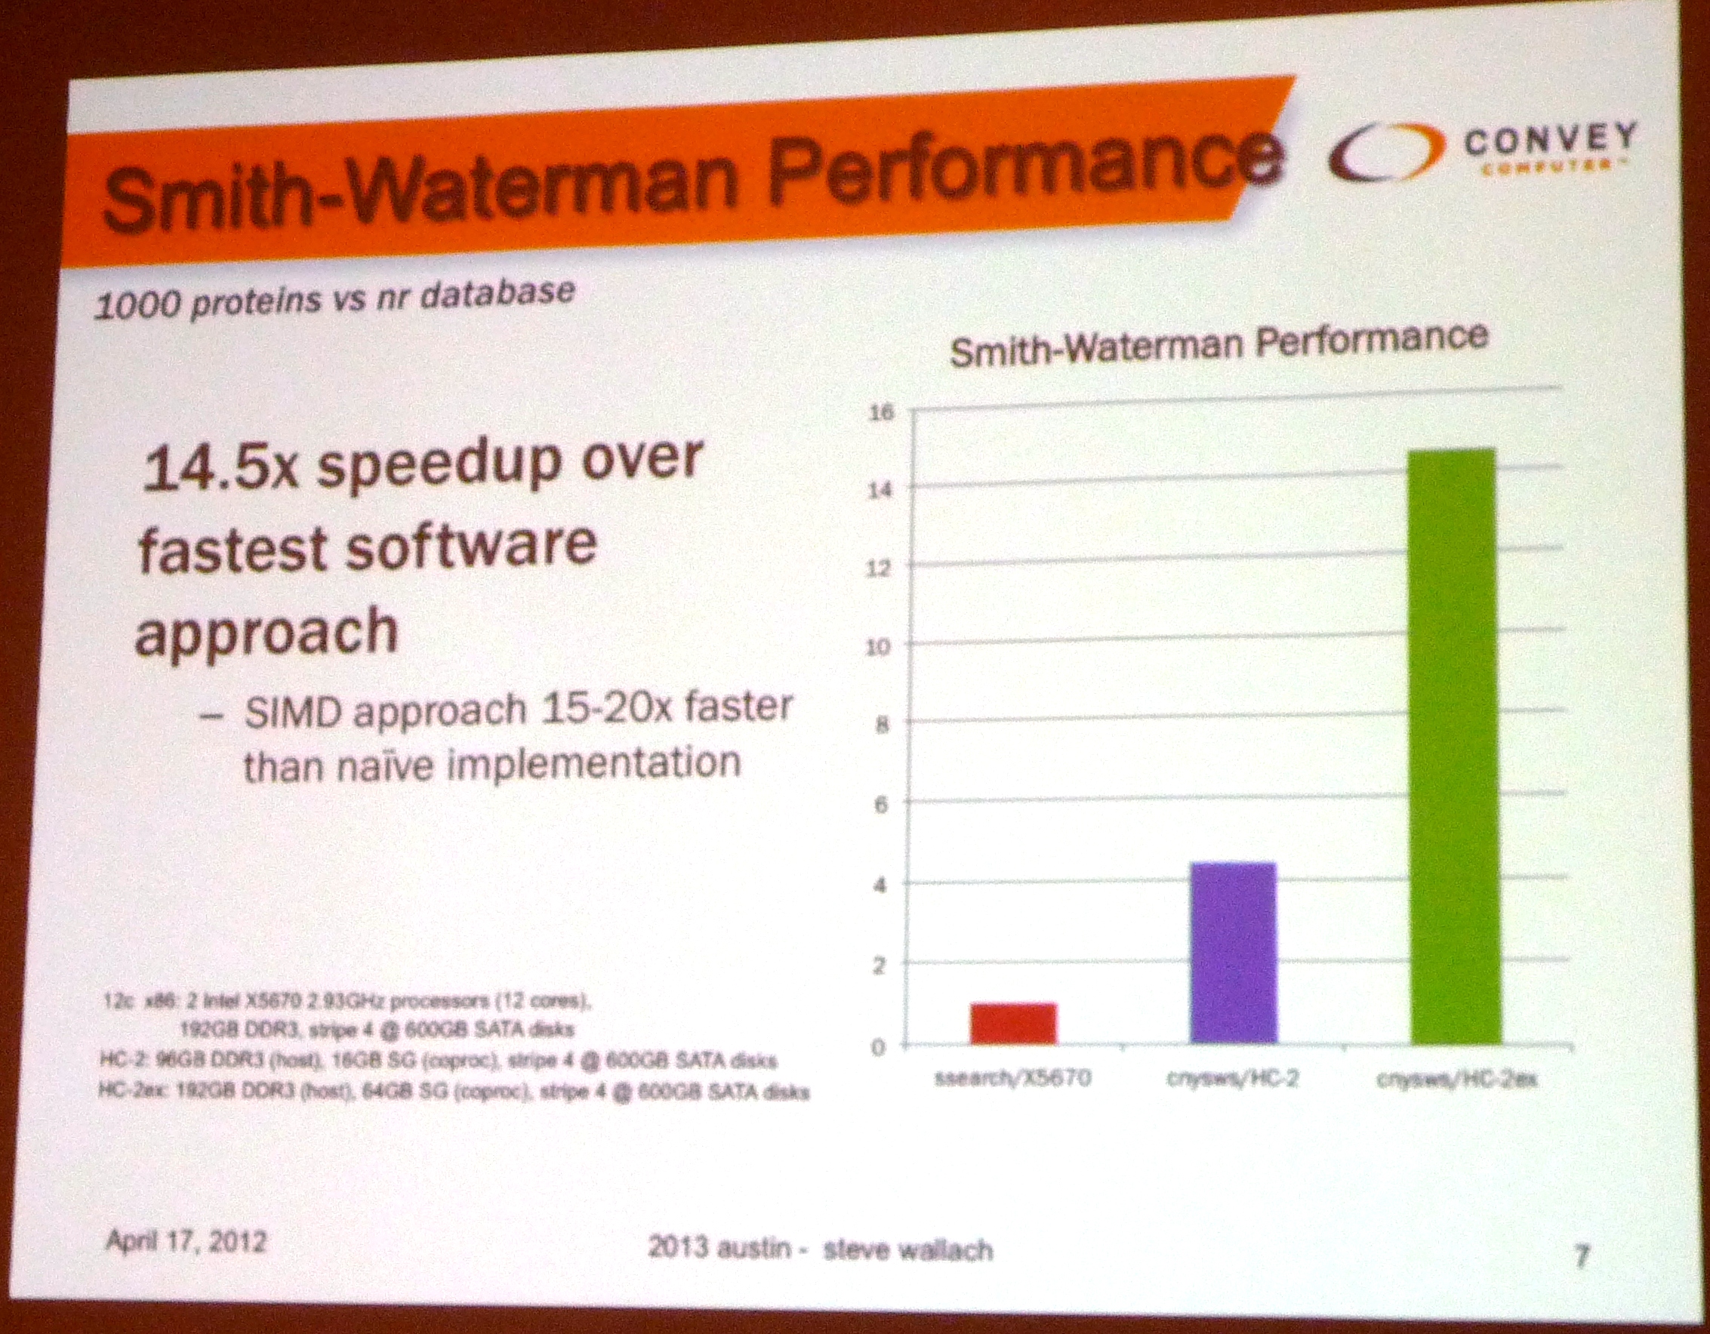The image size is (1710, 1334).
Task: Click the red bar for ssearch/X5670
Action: click(1013, 1023)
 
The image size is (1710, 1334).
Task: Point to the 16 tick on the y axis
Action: click(881, 411)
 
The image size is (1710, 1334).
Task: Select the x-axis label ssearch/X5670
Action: click(1012, 1078)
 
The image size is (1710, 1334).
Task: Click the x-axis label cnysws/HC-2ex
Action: click(1457, 1080)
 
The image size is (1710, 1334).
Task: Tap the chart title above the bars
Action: click(1219, 344)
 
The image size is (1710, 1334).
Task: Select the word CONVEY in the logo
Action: click(1551, 141)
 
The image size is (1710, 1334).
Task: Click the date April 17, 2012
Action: click(186, 1242)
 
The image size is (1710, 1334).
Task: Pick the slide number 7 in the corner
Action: click(1582, 1256)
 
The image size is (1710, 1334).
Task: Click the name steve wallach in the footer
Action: click(908, 1249)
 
